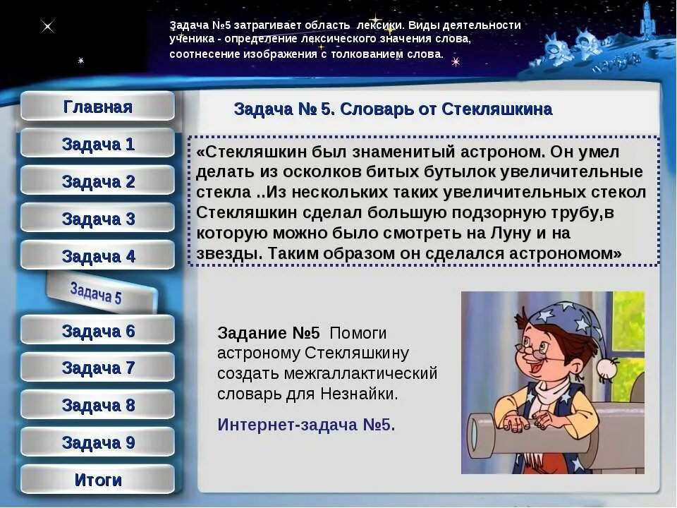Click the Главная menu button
tap(97, 107)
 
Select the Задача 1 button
tap(97, 145)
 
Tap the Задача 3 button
tap(97, 219)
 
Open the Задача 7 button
tap(97, 368)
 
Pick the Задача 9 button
tap(97, 442)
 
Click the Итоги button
tap(97, 480)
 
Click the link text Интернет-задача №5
tap(306, 425)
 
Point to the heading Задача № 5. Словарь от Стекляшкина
tap(392, 109)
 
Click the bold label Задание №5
tap(268, 333)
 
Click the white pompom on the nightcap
tap(607, 367)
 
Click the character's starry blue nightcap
tap(564, 317)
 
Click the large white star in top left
tap(47, 27)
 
